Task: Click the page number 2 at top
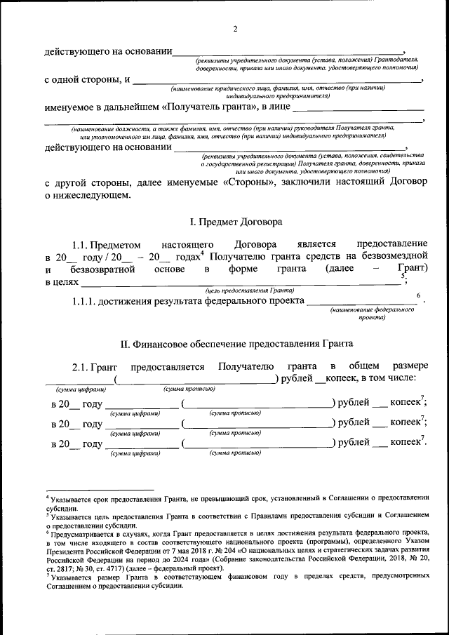tap(236, 29)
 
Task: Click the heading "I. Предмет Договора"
tap(236, 222)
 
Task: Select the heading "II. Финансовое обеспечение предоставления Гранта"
tap(236, 343)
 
